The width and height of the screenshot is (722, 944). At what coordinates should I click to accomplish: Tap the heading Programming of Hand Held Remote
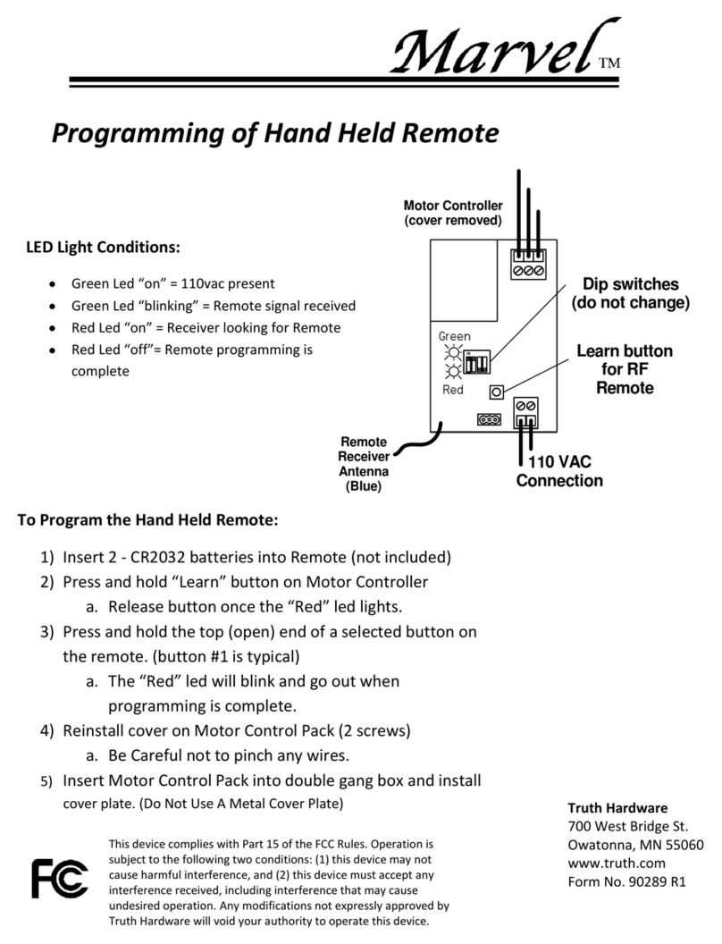[x=273, y=133]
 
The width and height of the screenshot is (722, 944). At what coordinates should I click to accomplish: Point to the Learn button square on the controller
[x=496, y=392]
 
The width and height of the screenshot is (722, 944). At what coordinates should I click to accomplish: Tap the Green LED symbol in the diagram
[x=454, y=351]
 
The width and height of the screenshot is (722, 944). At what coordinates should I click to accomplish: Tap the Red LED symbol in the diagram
[x=454, y=372]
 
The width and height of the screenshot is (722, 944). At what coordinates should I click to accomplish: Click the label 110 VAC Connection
[x=559, y=472]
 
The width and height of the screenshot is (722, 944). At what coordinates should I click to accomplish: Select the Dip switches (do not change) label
[x=631, y=294]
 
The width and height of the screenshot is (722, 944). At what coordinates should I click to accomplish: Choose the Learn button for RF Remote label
[x=625, y=369]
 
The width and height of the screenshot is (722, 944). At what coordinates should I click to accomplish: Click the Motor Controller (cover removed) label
[x=453, y=213]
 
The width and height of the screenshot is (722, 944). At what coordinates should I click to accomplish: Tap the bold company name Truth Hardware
[x=617, y=808]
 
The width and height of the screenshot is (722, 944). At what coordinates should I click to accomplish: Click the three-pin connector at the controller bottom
[x=488, y=418]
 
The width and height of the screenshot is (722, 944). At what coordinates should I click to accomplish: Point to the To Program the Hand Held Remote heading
[x=148, y=520]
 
